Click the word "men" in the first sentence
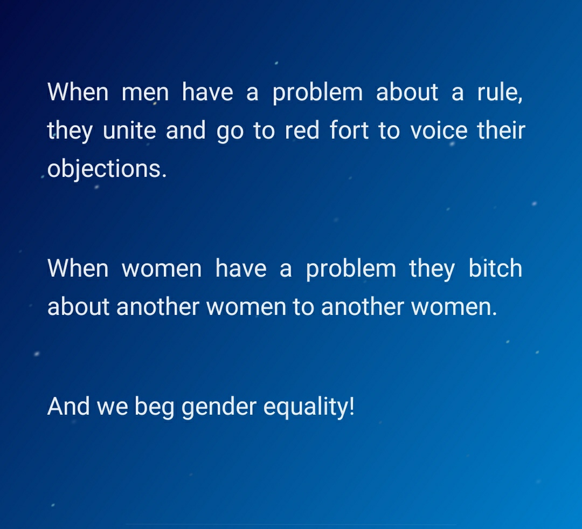[145, 93]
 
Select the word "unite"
[129, 130]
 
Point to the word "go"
[230, 133]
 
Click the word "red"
[302, 130]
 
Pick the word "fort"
[349, 130]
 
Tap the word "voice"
[439, 130]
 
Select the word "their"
[501, 130]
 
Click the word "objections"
[105, 169]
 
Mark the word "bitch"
[495, 268]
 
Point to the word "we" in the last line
[113, 408]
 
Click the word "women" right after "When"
[162, 269]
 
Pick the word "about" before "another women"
[78, 306]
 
